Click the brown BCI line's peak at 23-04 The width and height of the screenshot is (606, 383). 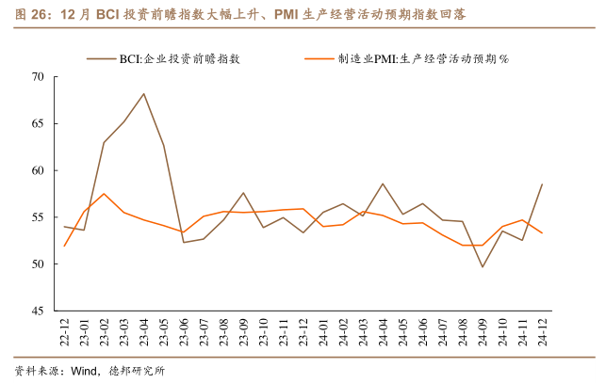point(143,94)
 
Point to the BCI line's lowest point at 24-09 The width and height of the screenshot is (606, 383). point(483,266)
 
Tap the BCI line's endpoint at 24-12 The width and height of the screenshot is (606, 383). point(542,184)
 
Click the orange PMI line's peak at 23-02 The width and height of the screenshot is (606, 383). point(104,194)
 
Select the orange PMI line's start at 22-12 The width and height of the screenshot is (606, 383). point(64,246)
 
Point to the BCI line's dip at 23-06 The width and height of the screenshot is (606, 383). point(183,242)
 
